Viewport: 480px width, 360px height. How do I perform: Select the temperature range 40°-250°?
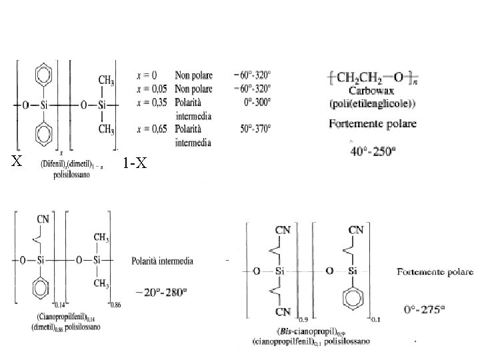coord(373,151)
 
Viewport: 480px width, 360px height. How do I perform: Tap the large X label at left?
coord(17,161)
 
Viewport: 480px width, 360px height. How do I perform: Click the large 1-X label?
coord(135,162)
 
